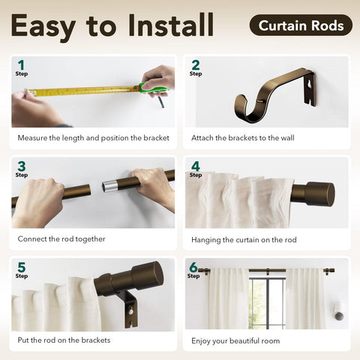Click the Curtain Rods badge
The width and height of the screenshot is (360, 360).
(301, 25)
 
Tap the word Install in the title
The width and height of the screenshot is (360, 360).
(171, 25)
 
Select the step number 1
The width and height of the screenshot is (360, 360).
(21, 65)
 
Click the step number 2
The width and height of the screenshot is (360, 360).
(196, 65)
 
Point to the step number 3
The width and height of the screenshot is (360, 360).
(22, 166)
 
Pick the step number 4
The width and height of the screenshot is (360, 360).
(196, 166)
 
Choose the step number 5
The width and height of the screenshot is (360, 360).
(22, 267)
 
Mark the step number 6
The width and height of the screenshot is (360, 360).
(193, 267)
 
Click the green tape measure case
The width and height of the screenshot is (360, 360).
(152, 88)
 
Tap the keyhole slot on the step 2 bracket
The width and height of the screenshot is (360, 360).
(310, 85)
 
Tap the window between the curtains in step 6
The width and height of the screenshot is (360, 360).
(267, 303)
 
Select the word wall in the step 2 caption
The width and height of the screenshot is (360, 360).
(286, 138)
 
